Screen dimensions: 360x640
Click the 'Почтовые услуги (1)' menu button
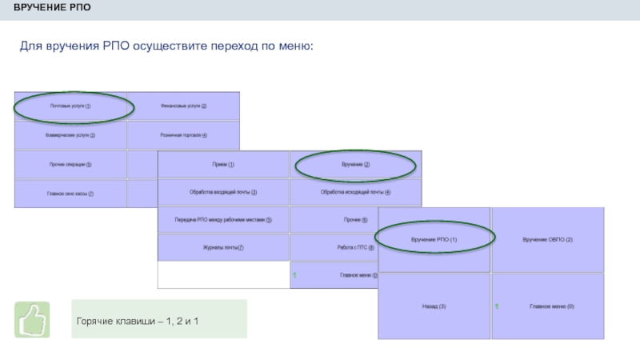[x=70, y=106]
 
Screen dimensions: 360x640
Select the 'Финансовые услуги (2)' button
[x=183, y=106]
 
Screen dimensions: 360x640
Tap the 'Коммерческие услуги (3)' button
[x=70, y=135]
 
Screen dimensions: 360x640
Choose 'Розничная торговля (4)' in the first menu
[x=183, y=135]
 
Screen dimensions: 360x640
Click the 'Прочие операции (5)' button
[x=70, y=165]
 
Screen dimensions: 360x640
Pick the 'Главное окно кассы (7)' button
[x=70, y=194]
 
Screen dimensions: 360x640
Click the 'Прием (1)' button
[x=223, y=165]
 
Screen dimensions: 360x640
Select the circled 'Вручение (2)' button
[x=355, y=165]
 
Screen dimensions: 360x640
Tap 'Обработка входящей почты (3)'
[x=223, y=192]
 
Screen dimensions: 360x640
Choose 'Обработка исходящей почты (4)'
[x=355, y=192]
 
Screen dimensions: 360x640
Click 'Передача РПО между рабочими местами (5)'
[x=223, y=220]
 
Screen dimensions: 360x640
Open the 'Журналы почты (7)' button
[x=223, y=248]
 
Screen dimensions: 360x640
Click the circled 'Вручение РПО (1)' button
[x=434, y=240]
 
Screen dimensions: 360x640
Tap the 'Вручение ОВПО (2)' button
[x=547, y=240]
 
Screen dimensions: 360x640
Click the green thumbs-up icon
[x=32, y=319]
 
